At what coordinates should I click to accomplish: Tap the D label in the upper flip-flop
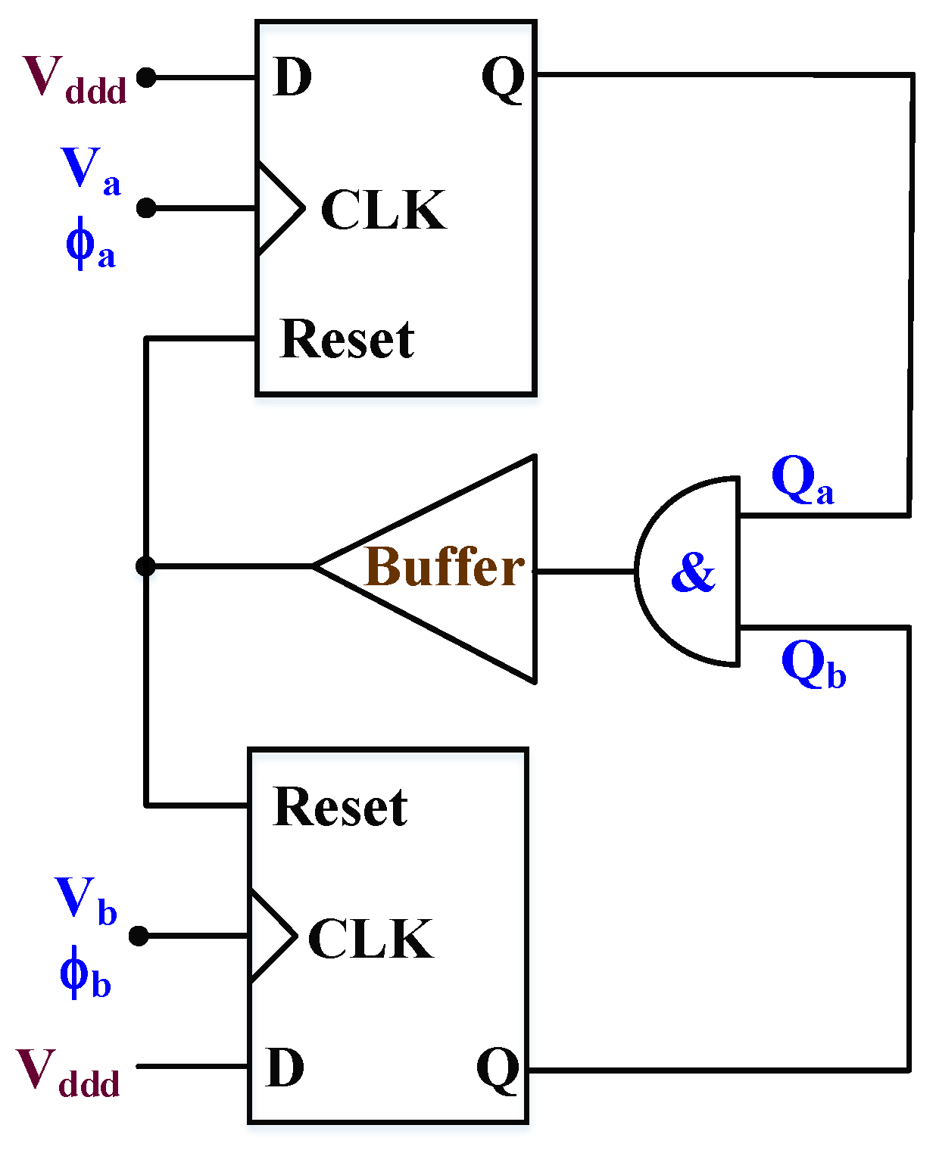click(x=292, y=76)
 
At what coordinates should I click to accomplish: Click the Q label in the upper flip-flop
click(x=503, y=78)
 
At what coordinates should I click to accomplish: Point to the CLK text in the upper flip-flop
click(x=383, y=210)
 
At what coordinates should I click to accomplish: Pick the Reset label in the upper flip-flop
click(x=347, y=339)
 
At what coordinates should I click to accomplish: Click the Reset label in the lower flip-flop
click(x=340, y=807)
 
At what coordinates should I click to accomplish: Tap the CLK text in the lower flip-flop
click(x=370, y=939)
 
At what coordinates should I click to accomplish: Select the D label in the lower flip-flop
click(x=285, y=1067)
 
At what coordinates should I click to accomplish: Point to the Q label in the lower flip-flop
click(x=498, y=1069)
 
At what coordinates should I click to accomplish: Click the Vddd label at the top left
click(x=74, y=79)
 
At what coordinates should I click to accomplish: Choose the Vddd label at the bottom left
click(x=68, y=1073)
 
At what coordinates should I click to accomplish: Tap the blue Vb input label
click(x=86, y=901)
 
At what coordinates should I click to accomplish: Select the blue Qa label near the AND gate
click(x=802, y=482)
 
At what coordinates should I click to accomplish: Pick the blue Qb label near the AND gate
click(x=813, y=665)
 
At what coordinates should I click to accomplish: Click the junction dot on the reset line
click(x=145, y=566)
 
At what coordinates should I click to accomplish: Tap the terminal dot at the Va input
click(x=146, y=207)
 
